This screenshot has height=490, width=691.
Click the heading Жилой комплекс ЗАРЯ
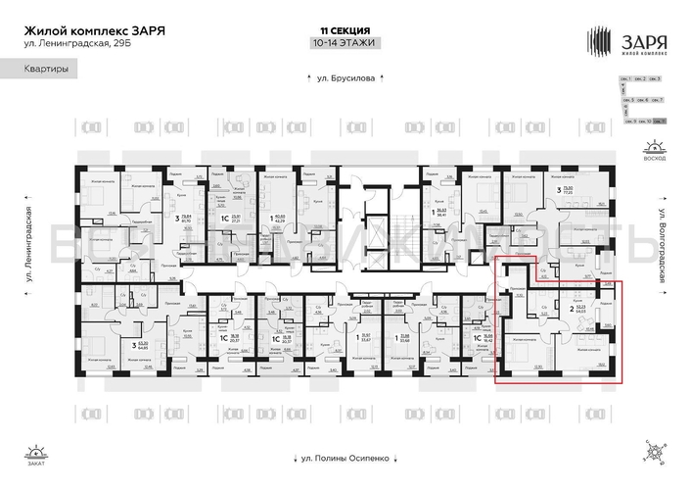click(93, 30)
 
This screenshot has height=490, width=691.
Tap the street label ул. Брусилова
click(344, 78)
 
